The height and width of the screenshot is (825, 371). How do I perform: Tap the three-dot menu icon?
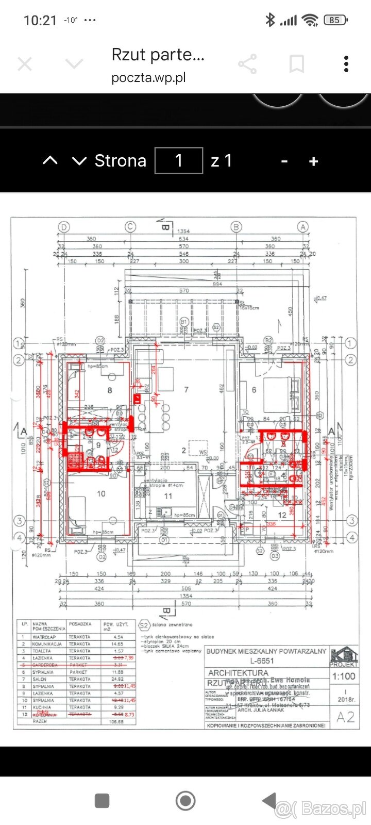tap(346, 64)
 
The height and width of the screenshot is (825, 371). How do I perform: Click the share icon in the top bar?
tap(248, 64)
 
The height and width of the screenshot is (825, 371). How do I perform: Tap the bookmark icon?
tap(296, 64)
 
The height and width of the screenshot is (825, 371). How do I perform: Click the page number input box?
tap(179, 160)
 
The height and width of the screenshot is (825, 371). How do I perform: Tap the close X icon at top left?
tap(25, 64)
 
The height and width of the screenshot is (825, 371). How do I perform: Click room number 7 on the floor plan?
tap(186, 390)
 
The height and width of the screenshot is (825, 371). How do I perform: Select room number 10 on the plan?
tap(101, 493)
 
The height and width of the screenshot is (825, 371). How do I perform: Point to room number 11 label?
tap(168, 496)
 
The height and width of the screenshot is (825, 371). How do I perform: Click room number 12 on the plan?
tap(282, 515)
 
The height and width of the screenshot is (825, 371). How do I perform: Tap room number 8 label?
tap(110, 390)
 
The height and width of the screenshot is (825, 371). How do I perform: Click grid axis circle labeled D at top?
tap(64, 226)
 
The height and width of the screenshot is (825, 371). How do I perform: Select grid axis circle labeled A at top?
tap(303, 226)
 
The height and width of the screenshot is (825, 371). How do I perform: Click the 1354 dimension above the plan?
tap(183, 232)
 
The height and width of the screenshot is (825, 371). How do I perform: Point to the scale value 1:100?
tap(344, 676)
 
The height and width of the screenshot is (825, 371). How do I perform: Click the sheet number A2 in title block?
tap(345, 717)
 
